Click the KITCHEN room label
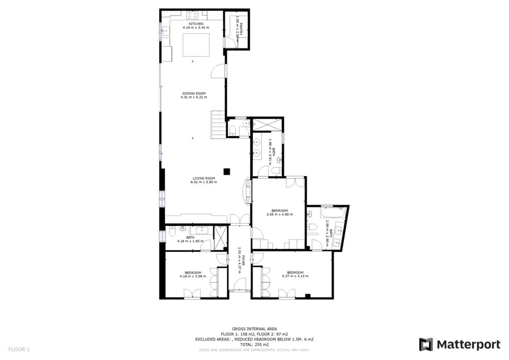coord(196,24)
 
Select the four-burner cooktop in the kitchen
coord(192,15)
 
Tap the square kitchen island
coord(196,44)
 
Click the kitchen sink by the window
coord(166,30)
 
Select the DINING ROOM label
coord(194,93)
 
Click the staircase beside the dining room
coord(218,125)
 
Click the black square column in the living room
coord(227,171)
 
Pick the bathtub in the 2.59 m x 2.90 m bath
coord(333,214)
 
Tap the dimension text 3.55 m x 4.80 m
coord(279,215)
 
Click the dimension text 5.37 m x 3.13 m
coord(295,276)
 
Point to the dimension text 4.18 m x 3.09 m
coord(190,276)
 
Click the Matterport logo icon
coord(426,345)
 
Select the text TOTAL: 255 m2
coord(254,345)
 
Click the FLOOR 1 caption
coord(19,350)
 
